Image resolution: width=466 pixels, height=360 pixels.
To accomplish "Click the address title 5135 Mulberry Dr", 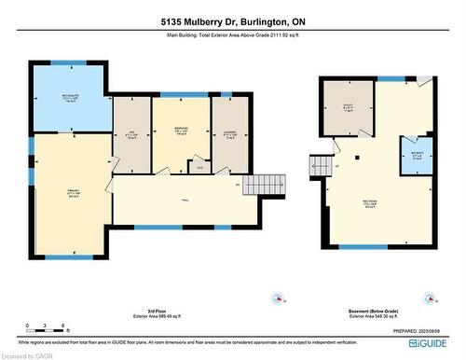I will tap(233, 21).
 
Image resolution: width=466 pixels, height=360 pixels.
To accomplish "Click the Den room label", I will tap(131, 134).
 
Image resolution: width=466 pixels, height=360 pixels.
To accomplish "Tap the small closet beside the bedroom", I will tap(199, 168).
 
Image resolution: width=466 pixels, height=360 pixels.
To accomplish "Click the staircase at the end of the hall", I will tap(262, 184).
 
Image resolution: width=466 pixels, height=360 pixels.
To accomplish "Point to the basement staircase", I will tap(319, 164).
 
